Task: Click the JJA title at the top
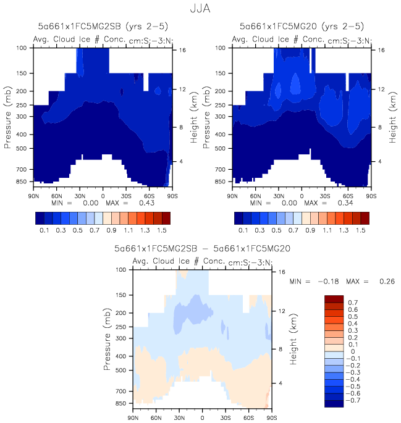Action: tap(200, 10)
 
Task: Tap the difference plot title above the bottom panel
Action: tap(202, 249)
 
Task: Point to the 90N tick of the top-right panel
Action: tap(232, 195)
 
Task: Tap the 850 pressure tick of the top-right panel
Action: tap(222, 182)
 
